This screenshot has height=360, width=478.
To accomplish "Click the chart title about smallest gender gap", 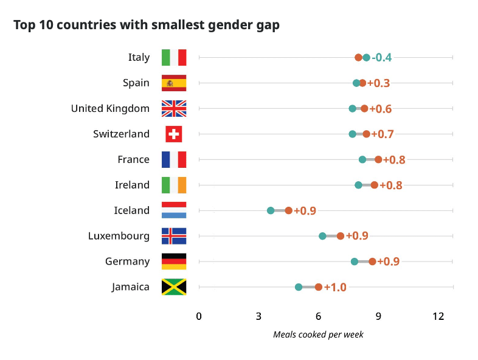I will [x=146, y=26].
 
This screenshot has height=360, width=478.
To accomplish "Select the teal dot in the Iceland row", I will [x=271, y=210].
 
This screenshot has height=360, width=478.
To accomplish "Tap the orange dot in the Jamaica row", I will [x=318, y=287].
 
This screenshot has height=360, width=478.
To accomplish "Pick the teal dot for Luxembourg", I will [x=322, y=236].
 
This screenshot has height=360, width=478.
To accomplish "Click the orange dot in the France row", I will [x=378, y=159].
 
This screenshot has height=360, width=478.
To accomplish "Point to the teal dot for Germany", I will [x=355, y=261].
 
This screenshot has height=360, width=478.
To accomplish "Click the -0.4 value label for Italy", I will [x=382, y=58].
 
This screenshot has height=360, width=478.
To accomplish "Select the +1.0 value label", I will [x=335, y=287].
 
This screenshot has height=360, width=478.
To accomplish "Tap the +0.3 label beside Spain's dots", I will [x=379, y=83].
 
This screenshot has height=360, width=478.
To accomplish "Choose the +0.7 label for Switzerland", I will [x=383, y=134].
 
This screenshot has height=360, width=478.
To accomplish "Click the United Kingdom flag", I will [x=174, y=108].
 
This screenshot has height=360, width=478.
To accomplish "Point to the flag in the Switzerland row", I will [x=174, y=134].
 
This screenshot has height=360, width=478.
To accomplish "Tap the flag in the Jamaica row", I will [x=174, y=287].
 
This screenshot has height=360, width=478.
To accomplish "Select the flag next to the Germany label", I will [x=174, y=261].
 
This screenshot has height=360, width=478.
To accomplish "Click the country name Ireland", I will [x=132, y=185].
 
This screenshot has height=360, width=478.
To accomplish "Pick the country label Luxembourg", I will [x=119, y=236].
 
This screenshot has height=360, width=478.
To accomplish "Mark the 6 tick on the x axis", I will [x=318, y=316].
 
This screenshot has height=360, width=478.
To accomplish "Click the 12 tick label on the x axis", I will [x=438, y=316].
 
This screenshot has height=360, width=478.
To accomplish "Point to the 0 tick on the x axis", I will [x=199, y=316].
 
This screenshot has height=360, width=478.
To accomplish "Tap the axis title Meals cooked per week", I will [x=318, y=334].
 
